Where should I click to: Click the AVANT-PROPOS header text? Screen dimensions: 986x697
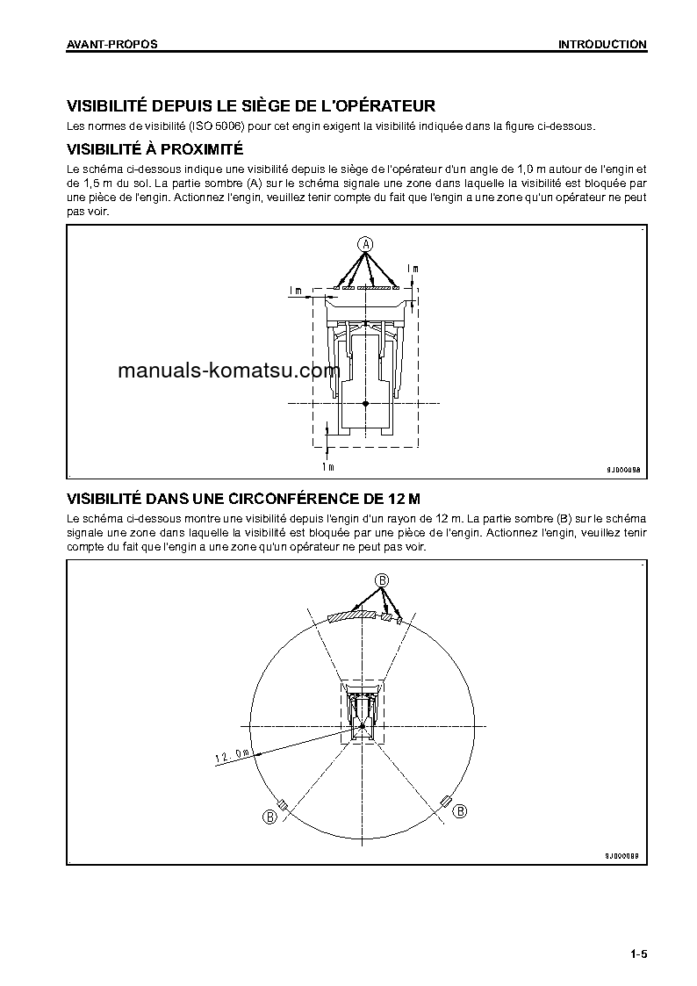tap(112, 44)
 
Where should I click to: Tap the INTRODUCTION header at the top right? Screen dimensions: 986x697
tap(602, 44)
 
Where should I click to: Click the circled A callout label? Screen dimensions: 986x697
tap(366, 243)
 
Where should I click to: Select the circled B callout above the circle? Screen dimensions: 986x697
tap(382, 579)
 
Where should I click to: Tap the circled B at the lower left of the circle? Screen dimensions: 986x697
tap(269, 817)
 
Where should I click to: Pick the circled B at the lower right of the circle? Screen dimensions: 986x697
tap(459, 812)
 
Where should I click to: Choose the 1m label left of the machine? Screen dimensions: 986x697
tap(295, 290)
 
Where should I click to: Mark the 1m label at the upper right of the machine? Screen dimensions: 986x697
tap(413, 268)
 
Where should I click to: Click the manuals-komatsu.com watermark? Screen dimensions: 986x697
tap(228, 371)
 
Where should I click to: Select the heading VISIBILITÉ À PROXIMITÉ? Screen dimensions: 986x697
tap(154, 150)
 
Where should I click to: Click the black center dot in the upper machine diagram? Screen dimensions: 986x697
tap(366, 402)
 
